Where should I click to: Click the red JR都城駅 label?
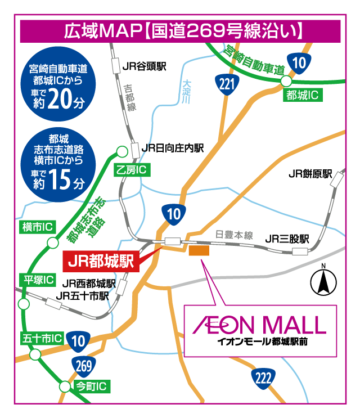tap(100, 260)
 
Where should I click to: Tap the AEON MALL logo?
tap(259, 325)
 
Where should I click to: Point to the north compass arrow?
tap(323, 281)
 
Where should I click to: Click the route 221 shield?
tap(227, 85)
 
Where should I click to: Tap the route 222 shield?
tap(262, 377)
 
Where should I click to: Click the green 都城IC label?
tap(302, 95)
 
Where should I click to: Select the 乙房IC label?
tap(133, 169)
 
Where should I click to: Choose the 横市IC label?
tap(37, 227)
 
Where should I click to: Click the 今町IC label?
tap(92, 386)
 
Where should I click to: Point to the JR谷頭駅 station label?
tap(144, 66)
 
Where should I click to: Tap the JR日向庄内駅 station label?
tap(172, 148)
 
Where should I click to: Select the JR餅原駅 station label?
tap(310, 174)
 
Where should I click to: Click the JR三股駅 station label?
tap(287, 239)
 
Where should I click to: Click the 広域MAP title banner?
tap(180, 30)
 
